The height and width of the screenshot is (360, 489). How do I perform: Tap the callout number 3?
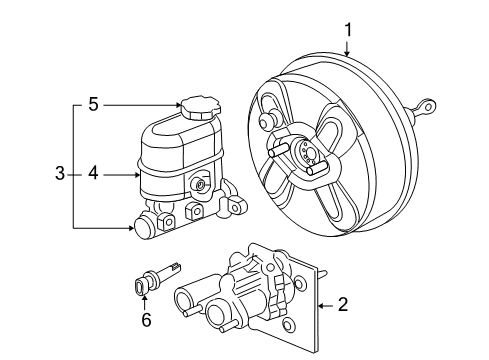[x=61, y=174]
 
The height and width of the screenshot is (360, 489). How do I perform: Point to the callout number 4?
[x=92, y=174]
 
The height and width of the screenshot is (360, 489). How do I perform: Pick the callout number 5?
[x=92, y=102]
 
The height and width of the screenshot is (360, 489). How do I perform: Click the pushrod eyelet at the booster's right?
[x=427, y=104]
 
